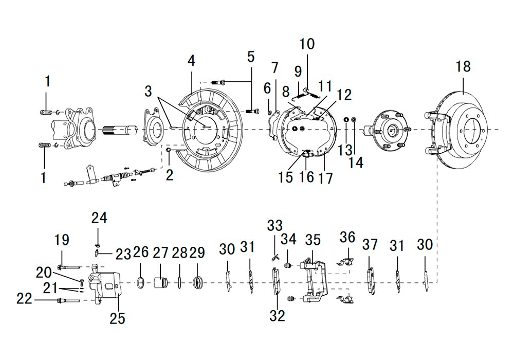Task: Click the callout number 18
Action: click(463, 66)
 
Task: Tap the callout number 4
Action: click(191, 61)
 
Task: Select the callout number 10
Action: click(307, 44)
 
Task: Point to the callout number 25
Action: click(117, 318)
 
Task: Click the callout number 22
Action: click(24, 299)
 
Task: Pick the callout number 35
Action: click(313, 240)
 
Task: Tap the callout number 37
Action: click(370, 244)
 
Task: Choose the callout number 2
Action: click(170, 175)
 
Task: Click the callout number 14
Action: click(356, 163)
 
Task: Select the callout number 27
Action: click(160, 253)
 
